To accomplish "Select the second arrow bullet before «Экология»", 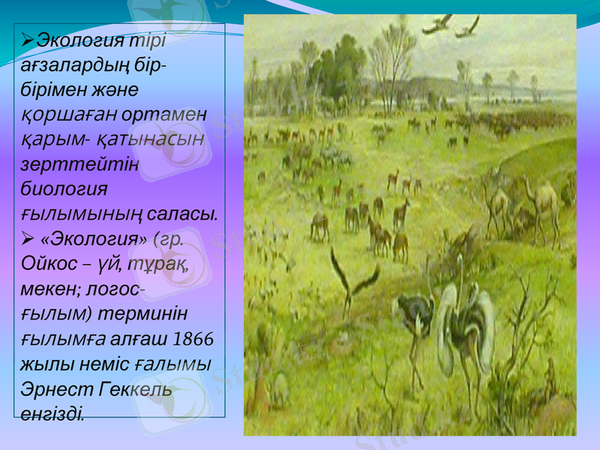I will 28,238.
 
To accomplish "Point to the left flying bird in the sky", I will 437,25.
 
